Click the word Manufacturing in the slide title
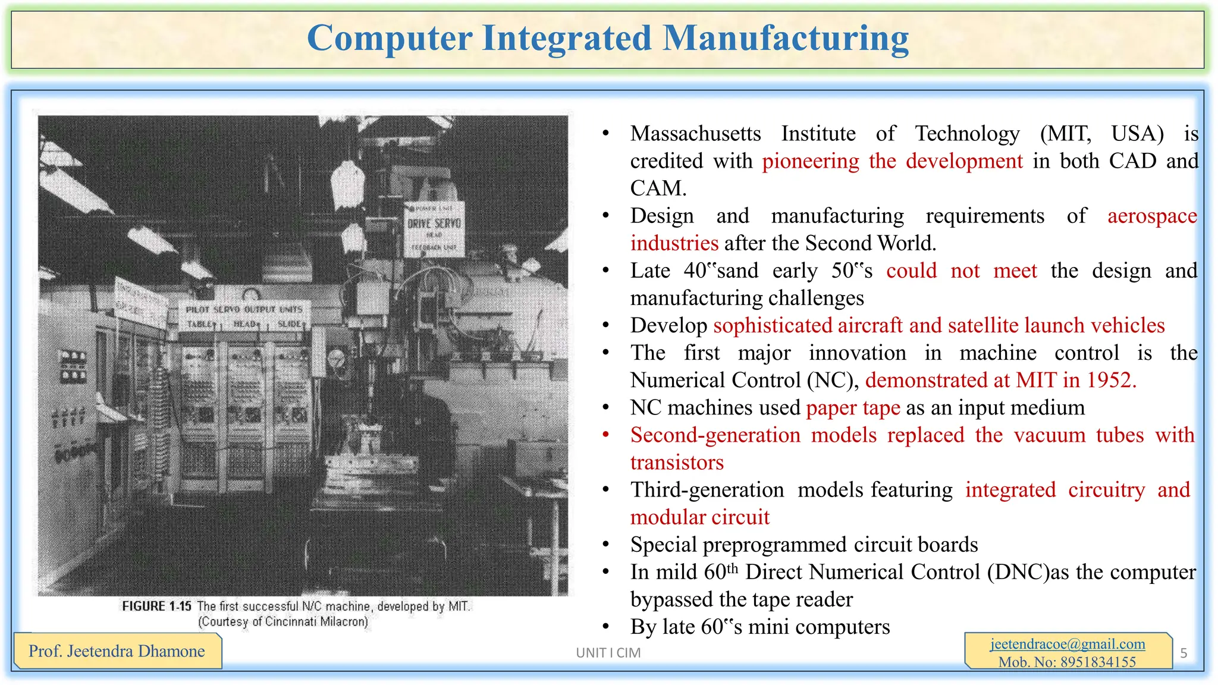(786, 39)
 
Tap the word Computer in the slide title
(390, 39)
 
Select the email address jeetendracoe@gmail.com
(1068, 644)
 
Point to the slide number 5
(1184, 653)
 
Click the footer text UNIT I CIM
(608, 653)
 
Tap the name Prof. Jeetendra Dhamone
(117, 651)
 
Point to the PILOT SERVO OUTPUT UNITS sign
(244, 309)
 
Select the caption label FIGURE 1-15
(156, 606)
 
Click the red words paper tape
(853, 408)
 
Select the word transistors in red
(677, 463)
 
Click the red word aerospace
(1152, 216)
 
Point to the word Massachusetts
(695, 134)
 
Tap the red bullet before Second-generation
(605, 435)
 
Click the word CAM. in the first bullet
(658, 188)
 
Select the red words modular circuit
(699, 517)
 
